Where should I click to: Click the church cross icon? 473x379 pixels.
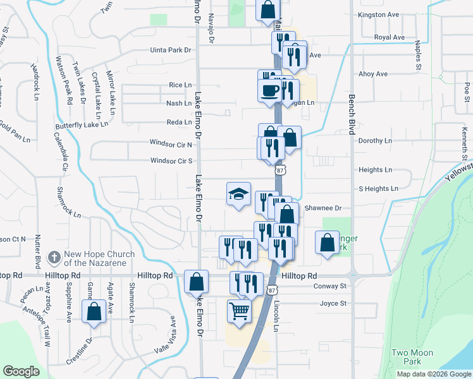tap(54, 258)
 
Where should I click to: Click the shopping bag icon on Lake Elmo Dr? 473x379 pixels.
tap(197, 281)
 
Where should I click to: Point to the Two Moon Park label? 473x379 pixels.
tap(407, 357)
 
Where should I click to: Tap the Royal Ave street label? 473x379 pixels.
tap(389, 37)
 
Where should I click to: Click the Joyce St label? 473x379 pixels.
tap(334, 303)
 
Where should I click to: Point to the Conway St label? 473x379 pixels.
tap(331, 286)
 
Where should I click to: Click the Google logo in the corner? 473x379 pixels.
tap(21, 371)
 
